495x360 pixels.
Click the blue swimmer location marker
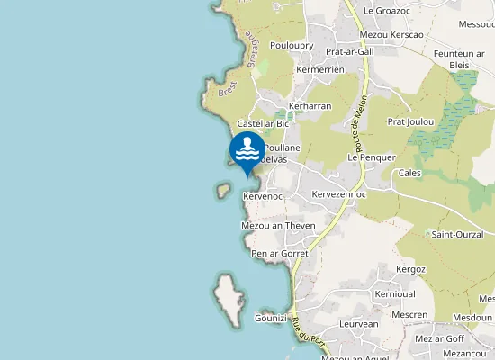[x=247, y=150]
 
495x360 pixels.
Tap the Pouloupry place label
[x=291, y=45]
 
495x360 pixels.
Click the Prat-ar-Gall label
[x=349, y=51]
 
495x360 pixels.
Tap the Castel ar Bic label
[x=262, y=122]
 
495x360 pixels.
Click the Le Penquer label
[x=372, y=157]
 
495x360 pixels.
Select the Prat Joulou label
[x=410, y=121]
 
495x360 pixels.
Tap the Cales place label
[x=409, y=173]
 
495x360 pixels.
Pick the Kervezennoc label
[x=336, y=194]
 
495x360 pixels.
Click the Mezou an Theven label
[x=278, y=225]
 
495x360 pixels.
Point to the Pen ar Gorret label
[x=280, y=254]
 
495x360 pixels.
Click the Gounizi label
[x=270, y=318]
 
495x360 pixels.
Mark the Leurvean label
[x=359, y=323]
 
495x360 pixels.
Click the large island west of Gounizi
[x=229, y=301]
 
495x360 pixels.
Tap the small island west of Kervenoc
[x=222, y=190]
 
